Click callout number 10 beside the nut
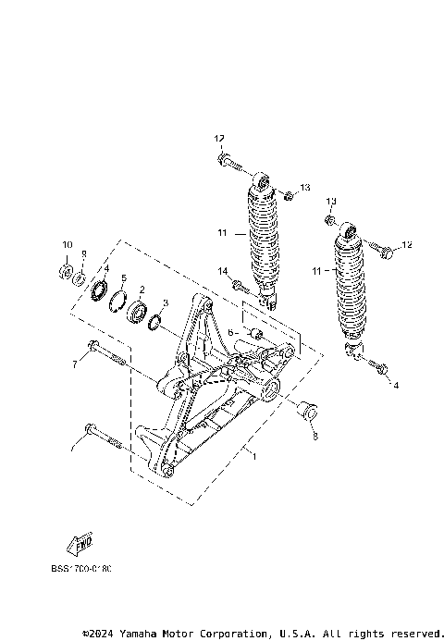click(x=66, y=244)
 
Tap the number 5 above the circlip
click(x=123, y=278)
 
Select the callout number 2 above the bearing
click(x=142, y=290)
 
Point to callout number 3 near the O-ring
click(x=164, y=302)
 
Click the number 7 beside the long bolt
click(x=74, y=364)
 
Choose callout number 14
click(x=222, y=270)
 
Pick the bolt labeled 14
click(x=240, y=287)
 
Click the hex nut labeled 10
click(x=66, y=271)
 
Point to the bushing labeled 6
click(x=258, y=333)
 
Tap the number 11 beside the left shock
click(x=220, y=233)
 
